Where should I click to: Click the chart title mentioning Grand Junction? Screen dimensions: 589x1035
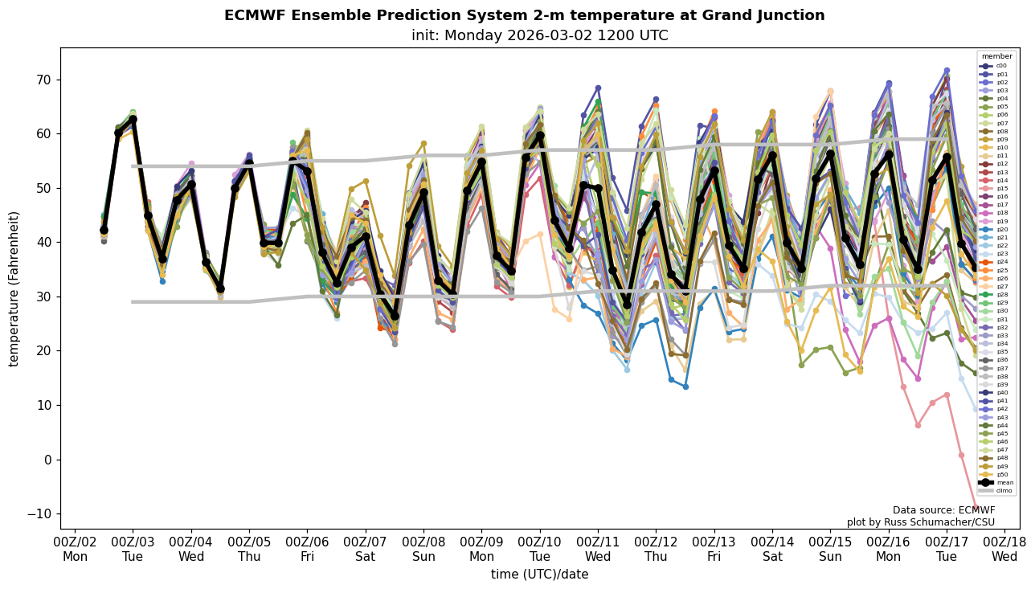point(524,16)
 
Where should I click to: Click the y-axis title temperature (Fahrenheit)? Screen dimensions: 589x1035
point(14,288)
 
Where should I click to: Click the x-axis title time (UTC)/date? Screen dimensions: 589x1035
point(539,575)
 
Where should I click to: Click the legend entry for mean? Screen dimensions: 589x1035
point(1005,482)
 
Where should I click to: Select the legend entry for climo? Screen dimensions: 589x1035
point(1004,490)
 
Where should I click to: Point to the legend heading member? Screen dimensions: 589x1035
point(996,57)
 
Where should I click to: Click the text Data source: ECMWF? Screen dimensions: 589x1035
point(943,510)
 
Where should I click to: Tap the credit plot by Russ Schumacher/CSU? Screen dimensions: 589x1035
point(920,522)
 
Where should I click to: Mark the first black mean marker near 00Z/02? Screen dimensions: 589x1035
point(104,230)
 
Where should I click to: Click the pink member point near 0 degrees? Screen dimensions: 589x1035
point(961,455)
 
